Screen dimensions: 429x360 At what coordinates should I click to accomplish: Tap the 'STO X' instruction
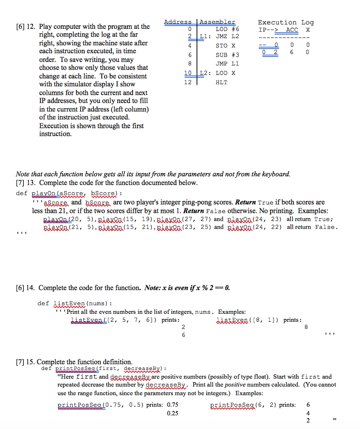pyautogui.click(x=225, y=46)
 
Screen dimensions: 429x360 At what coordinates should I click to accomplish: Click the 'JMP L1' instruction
pyautogui.click(x=227, y=64)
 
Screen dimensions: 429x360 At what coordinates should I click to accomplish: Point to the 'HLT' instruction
pyautogui.click(x=221, y=82)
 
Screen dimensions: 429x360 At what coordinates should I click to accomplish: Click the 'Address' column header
pyautogui.click(x=178, y=22)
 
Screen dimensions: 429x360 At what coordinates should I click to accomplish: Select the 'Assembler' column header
pyautogui.click(x=218, y=22)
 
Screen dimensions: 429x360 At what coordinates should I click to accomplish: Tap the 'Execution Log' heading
pyautogui.click(x=285, y=22)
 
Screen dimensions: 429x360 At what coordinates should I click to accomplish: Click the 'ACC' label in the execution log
pyautogui.click(x=292, y=30)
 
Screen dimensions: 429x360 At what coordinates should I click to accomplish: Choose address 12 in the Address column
pyautogui.click(x=188, y=82)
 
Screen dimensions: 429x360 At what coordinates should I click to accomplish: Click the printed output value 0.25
pyautogui.click(x=172, y=413)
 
